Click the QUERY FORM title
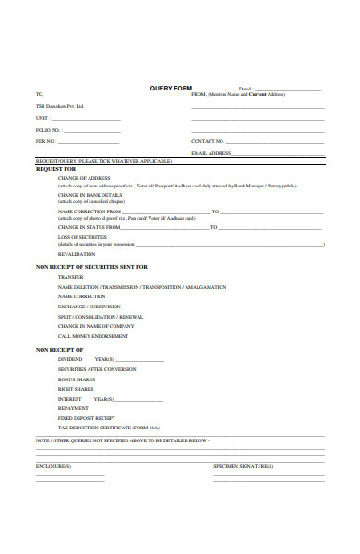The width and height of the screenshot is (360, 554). coord(170,89)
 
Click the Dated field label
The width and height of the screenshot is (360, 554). coord(245,89)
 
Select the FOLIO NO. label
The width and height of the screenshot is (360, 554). coord(48,129)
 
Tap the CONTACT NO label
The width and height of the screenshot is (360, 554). coord(208,141)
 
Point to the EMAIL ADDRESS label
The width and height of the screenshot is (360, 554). coord(210,152)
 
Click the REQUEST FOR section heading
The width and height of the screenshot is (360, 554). coord(56,169)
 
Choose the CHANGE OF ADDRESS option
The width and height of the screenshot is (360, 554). coord(85,177)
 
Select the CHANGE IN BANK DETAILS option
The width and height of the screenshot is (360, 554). coord(90,195)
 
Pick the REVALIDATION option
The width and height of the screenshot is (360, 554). coord(76,253)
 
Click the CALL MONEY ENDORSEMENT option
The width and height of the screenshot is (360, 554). coord(92,336)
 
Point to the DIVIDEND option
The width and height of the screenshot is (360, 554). coord(71,358)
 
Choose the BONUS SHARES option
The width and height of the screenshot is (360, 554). coord(77,379)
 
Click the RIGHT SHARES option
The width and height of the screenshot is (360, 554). coord(76,389)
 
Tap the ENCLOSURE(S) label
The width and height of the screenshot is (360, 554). coord(54,466)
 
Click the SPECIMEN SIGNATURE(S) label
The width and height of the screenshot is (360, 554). coord(244,466)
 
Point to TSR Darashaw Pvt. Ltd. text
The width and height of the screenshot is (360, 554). coord(60,105)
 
